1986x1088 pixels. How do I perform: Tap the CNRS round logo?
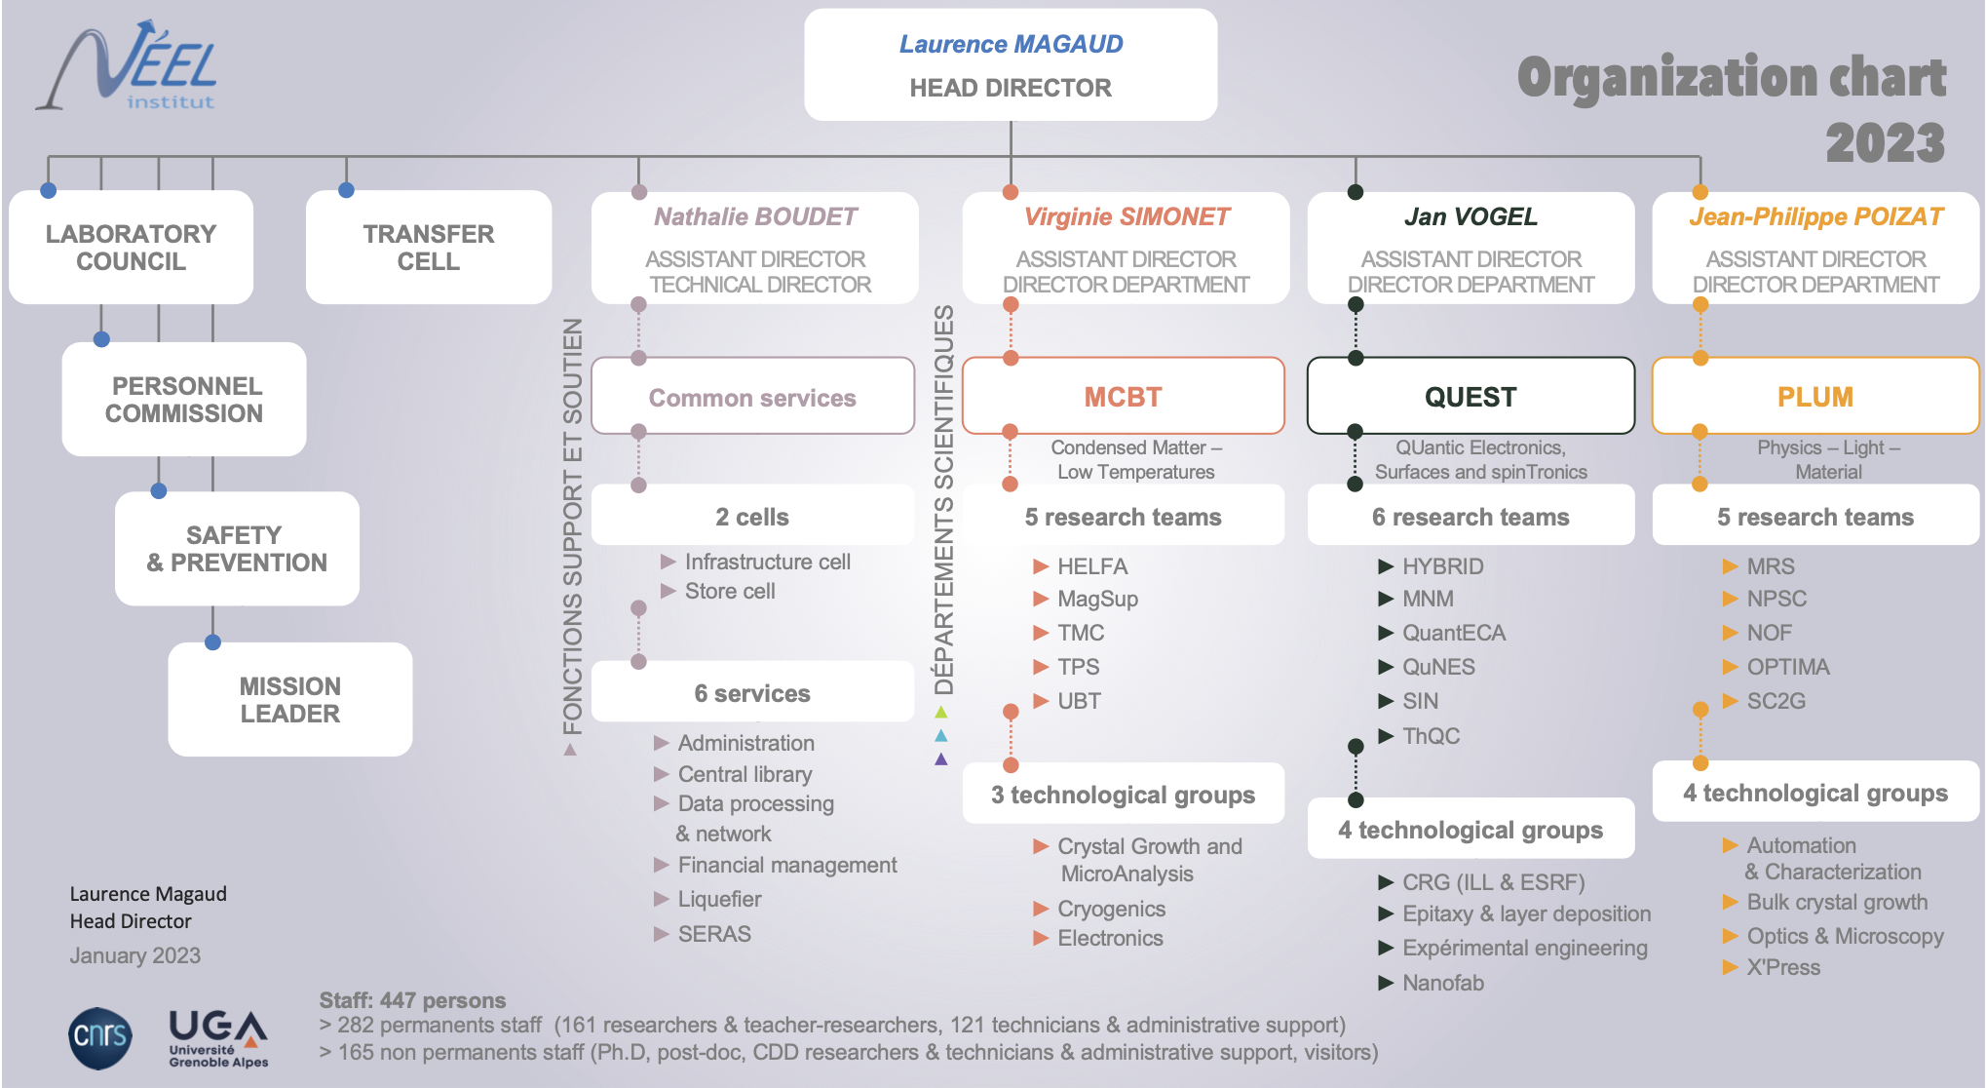click(100, 1036)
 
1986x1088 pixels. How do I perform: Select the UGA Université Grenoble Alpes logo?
click(218, 1038)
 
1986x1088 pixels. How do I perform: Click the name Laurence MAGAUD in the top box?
click(1011, 44)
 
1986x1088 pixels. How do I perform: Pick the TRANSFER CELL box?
click(429, 248)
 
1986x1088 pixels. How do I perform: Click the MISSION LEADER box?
click(290, 700)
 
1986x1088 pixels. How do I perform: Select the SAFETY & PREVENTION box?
click(237, 549)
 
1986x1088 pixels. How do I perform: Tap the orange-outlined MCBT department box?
click(1123, 397)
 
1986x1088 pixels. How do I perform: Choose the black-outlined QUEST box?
click(1470, 397)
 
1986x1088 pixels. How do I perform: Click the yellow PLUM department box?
click(1814, 397)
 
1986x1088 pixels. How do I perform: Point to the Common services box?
click(752, 398)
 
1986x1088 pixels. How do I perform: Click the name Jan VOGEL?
click(1470, 216)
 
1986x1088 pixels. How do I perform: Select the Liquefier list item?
click(719, 899)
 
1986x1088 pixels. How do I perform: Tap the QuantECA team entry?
click(1453, 633)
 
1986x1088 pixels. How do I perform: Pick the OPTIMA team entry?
click(1787, 667)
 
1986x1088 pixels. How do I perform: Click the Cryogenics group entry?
click(1111, 909)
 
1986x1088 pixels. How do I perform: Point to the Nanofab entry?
click(1442, 983)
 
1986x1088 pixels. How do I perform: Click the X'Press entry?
click(1782, 967)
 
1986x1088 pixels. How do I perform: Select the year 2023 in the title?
click(1885, 143)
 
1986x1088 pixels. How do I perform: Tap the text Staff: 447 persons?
click(412, 1000)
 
